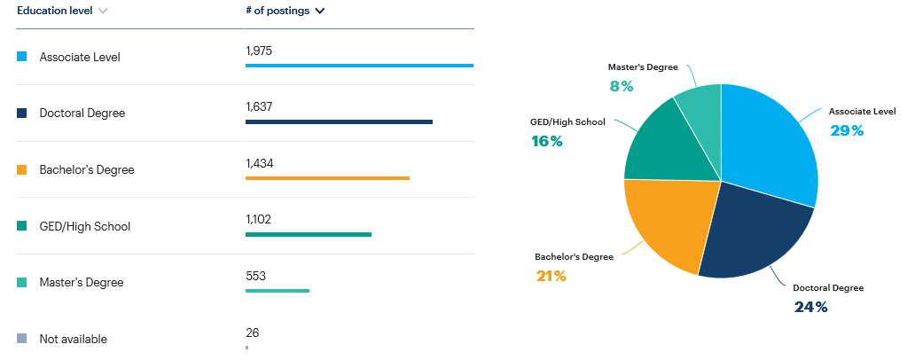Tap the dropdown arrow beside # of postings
coord(319,12)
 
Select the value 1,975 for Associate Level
coord(258,51)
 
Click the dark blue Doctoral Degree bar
coord(339,121)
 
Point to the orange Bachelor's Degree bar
coord(327,178)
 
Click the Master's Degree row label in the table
coord(82,283)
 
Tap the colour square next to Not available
coord(22,339)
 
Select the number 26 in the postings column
coord(253,333)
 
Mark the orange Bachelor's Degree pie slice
coord(665,222)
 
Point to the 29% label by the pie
coord(847,131)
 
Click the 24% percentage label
coord(810,307)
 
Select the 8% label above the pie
coord(621,86)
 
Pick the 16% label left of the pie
coord(547,141)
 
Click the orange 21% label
coord(551,276)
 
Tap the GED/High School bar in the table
coord(308,234)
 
